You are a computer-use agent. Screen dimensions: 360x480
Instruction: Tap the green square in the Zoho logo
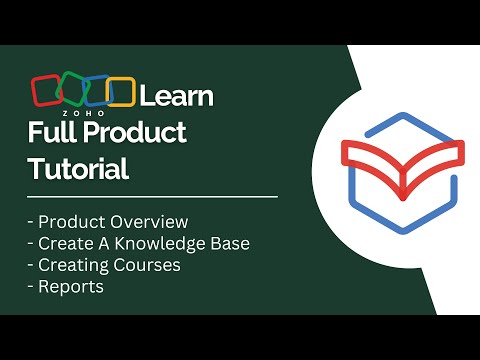point(72,93)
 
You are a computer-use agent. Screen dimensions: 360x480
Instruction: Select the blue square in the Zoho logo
point(97,91)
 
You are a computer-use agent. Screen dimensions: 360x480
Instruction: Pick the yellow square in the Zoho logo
point(120,92)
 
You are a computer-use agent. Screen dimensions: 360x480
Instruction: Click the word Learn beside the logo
point(176,96)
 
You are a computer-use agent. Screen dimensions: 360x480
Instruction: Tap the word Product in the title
point(137,134)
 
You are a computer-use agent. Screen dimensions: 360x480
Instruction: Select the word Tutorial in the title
point(78,168)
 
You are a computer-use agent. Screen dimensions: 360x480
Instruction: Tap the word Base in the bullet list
point(227,243)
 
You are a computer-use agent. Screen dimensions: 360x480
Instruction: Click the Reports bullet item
point(70,287)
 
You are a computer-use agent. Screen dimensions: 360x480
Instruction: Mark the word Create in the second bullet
point(63,243)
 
